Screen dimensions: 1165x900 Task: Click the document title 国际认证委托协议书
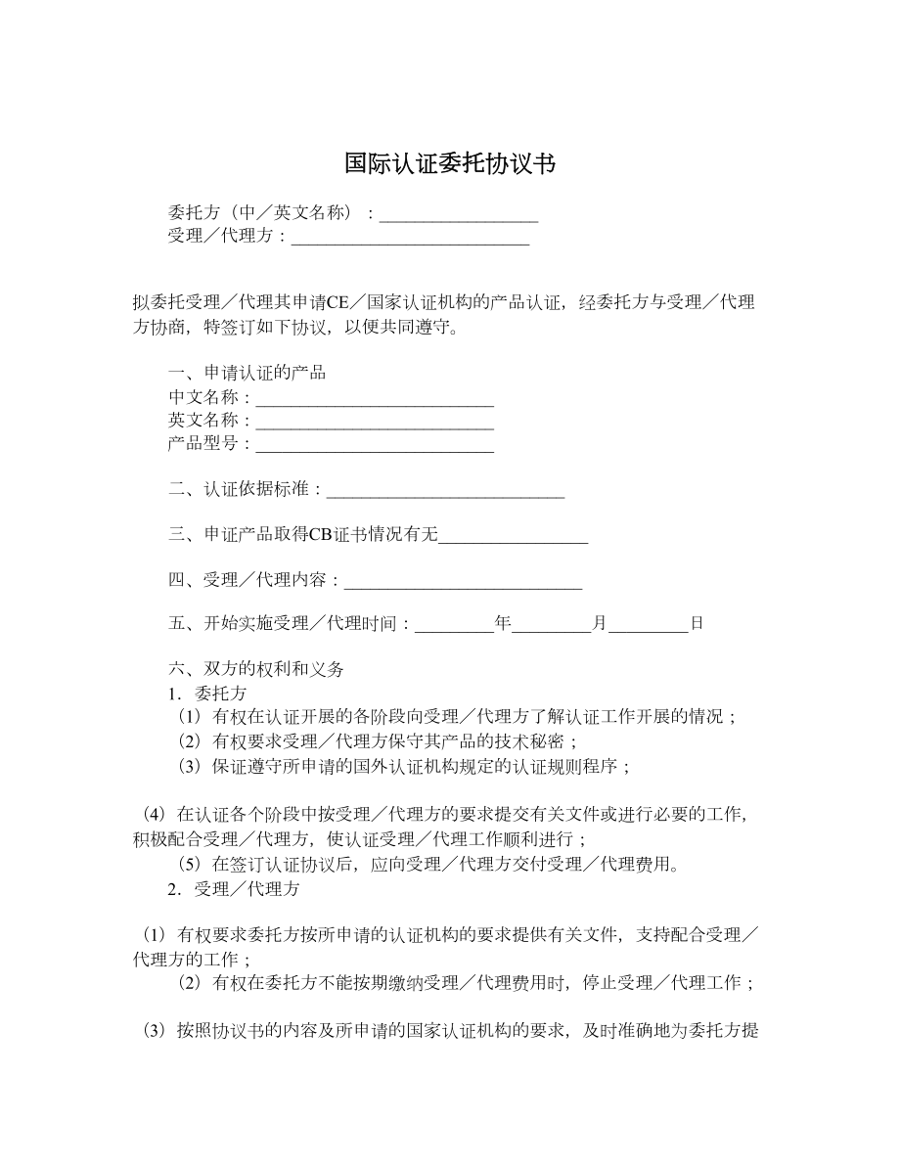[450, 163]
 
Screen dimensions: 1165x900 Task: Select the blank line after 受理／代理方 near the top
[411, 237]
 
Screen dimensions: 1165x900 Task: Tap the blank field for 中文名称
[375, 398]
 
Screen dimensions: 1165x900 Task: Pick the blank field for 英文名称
[375, 422]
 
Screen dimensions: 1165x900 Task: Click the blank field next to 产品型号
[375, 445]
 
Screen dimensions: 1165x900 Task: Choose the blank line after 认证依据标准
[446, 490]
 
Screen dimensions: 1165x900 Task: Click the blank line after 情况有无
[514, 535]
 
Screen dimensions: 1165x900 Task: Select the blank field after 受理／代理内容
[464, 581]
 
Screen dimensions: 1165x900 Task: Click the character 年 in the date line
[504, 623]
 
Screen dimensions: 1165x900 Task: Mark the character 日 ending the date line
[697, 623]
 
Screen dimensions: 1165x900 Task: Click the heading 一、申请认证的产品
[247, 374]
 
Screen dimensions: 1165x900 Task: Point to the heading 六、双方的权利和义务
[257, 670]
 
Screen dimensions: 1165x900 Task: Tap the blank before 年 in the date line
[456, 623]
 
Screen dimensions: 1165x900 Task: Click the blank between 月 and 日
[649, 623]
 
